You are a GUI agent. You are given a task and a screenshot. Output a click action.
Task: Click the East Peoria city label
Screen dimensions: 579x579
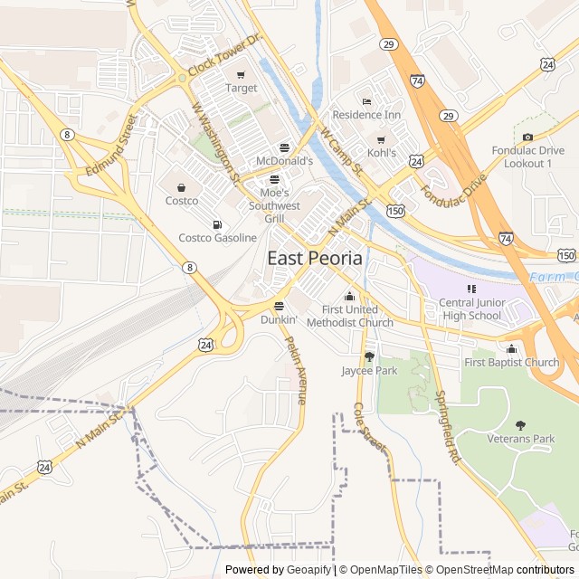tap(315, 258)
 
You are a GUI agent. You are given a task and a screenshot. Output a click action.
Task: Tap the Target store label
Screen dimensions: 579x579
tap(242, 89)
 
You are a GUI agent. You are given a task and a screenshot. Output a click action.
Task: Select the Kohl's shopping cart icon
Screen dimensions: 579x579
tap(381, 139)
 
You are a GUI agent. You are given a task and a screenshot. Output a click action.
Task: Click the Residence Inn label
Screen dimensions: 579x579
tap(365, 115)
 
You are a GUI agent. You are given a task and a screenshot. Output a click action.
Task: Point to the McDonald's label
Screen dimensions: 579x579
tap(284, 161)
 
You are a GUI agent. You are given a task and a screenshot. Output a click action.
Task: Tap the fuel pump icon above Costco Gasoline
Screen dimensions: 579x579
tap(216, 224)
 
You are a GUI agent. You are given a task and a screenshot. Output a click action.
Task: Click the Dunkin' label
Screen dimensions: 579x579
tap(279, 319)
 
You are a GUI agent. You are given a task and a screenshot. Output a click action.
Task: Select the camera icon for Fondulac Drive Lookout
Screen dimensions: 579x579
tap(527, 137)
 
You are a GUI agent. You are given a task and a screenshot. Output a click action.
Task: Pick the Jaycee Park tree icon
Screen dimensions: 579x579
tap(369, 356)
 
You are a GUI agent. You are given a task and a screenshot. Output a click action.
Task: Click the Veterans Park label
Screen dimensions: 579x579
tap(520, 439)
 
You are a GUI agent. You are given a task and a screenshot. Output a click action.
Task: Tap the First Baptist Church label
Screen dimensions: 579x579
tap(511, 363)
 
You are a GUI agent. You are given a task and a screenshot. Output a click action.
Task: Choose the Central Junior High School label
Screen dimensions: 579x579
tap(470, 309)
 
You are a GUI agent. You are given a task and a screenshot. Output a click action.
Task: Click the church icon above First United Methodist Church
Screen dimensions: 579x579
tap(349, 297)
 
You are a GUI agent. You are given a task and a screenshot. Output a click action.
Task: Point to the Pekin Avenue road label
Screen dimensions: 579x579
tap(296, 371)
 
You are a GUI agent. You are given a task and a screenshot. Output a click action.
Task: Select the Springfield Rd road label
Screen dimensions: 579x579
tap(447, 427)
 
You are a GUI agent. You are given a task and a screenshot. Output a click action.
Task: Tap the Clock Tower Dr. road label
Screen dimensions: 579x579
tap(224, 56)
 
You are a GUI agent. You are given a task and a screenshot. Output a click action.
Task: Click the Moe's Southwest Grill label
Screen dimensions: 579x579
tap(274, 205)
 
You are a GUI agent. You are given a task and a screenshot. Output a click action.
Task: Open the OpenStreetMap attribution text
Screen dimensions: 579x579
tap(470, 570)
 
